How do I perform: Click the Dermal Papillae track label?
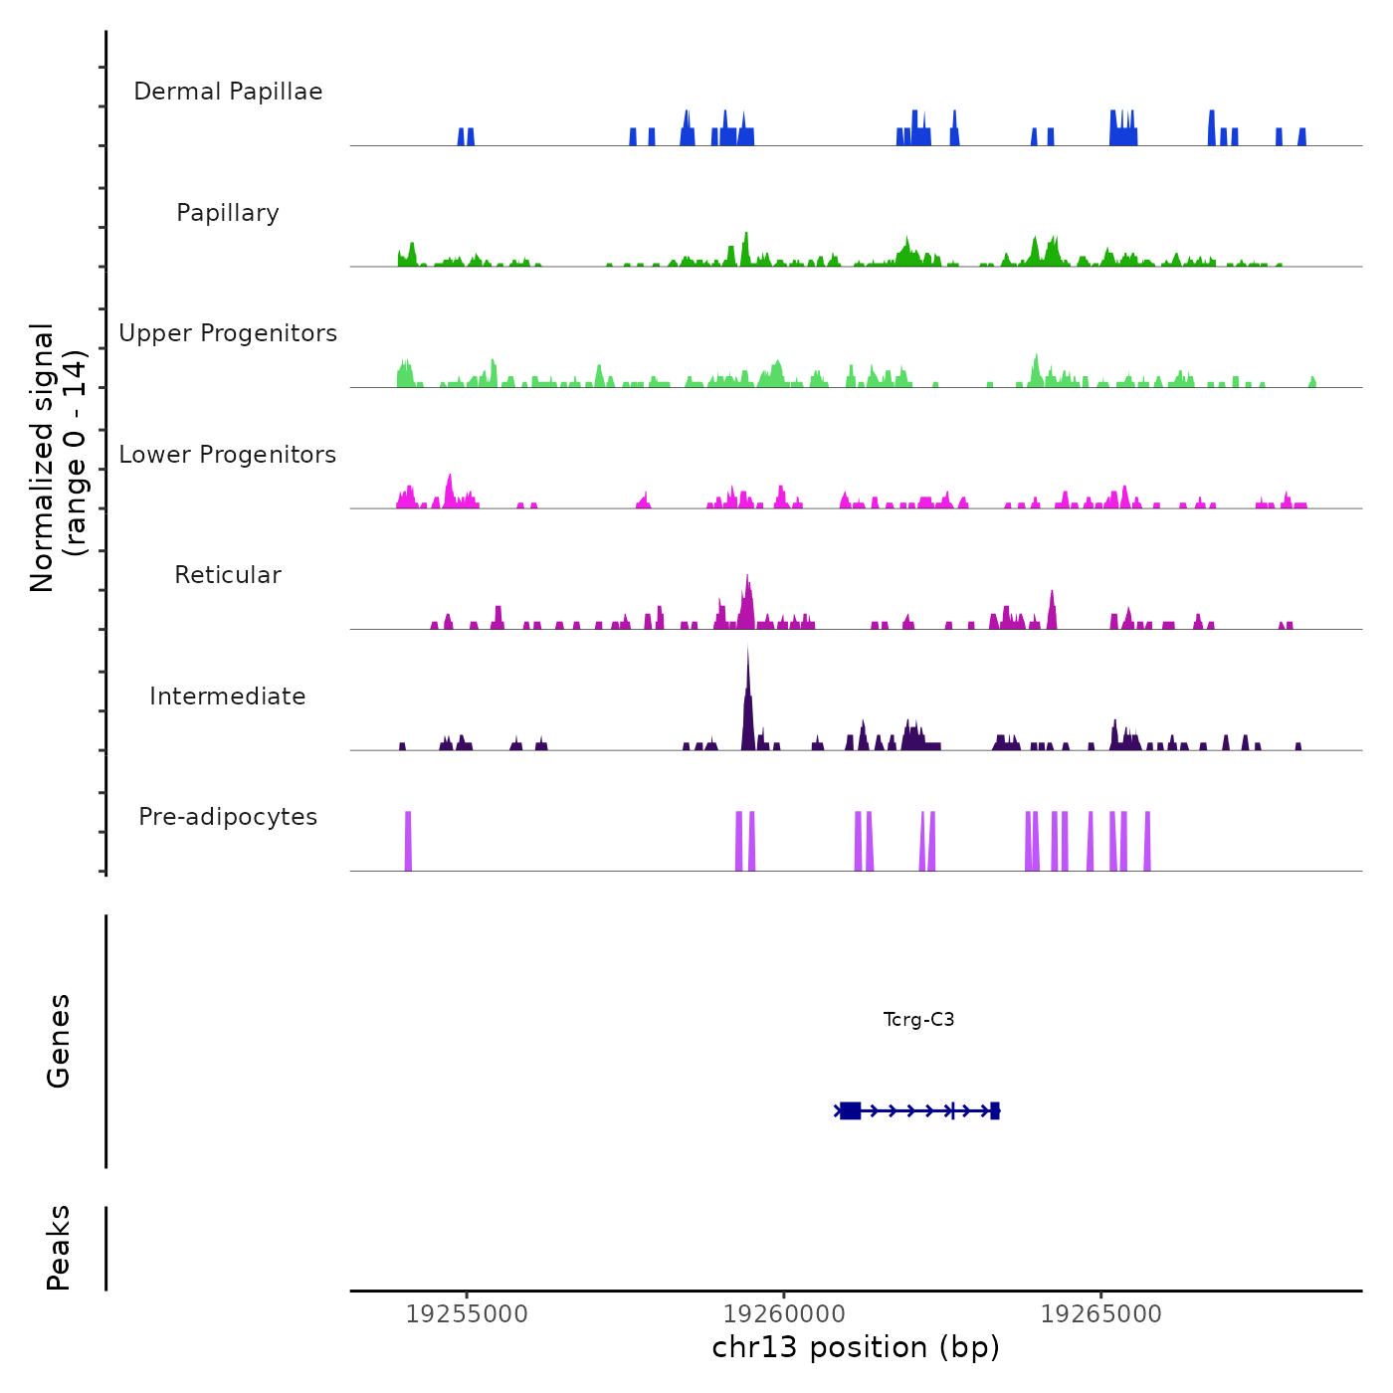(228, 92)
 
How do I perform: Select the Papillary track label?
(228, 213)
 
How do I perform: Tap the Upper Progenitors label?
(228, 333)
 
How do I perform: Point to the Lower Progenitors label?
(228, 455)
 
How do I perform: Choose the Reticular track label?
(228, 575)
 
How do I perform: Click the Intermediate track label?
(228, 696)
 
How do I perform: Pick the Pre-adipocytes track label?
(228, 817)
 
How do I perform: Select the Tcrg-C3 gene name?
(918, 1020)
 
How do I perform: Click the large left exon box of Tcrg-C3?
(850, 1110)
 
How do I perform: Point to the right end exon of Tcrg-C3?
(995, 1110)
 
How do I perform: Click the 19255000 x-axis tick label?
(467, 1314)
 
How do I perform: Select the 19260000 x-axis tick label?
(784, 1314)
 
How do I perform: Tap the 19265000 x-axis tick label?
(1101, 1314)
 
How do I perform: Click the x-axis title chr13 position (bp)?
(856, 1347)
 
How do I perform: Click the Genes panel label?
(59, 1041)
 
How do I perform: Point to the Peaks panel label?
(59, 1248)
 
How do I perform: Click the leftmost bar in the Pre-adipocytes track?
(408, 841)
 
